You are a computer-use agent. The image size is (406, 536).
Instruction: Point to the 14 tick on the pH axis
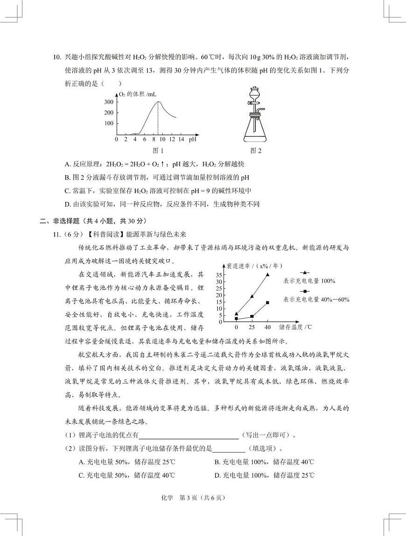[x=181, y=139]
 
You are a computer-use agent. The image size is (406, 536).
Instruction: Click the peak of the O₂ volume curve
[x=158, y=101]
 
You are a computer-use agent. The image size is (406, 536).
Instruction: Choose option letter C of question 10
[x=68, y=191]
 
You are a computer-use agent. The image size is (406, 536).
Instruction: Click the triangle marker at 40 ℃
[x=267, y=275]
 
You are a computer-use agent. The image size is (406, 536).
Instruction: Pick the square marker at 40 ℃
[x=267, y=302]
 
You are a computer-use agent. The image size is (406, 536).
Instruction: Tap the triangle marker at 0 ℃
[x=236, y=314]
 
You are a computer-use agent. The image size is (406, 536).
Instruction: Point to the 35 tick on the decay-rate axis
[x=219, y=275]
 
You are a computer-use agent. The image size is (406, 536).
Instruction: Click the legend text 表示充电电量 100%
[x=309, y=281]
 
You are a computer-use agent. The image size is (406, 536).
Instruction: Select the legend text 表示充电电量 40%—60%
[x=315, y=300]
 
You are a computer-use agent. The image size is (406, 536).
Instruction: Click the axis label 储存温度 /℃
[x=295, y=327]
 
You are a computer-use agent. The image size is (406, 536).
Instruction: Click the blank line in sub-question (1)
[x=189, y=435]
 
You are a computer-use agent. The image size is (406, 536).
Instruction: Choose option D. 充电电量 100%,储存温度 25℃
[x=264, y=475]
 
